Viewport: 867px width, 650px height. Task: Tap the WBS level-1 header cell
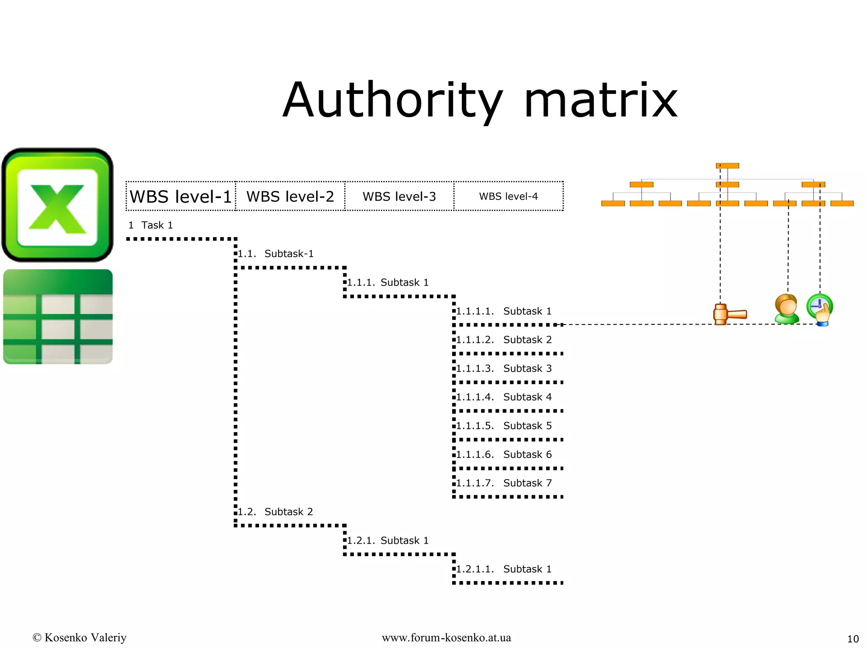[181, 196]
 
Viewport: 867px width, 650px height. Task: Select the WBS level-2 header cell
[290, 196]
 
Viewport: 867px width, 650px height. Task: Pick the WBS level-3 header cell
[399, 196]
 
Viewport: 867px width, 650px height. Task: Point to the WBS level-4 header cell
[508, 196]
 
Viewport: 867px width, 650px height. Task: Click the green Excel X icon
[58, 205]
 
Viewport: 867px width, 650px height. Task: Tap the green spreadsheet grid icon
[58, 317]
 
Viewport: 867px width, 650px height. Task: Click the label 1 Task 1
[151, 225]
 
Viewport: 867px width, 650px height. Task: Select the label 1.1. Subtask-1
[276, 254]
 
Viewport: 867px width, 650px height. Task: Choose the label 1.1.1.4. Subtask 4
[504, 397]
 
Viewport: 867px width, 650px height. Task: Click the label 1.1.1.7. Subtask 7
[504, 483]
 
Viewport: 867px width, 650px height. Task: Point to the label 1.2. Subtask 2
[275, 512]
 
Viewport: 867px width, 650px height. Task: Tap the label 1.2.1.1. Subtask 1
[504, 569]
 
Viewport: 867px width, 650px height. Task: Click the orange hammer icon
[729, 314]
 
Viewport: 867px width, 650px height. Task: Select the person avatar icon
[787, 309]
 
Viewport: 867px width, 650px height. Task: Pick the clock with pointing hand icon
[820, 309]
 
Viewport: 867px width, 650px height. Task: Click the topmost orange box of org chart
[727, 166]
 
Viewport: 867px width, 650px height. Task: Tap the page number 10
[853, 639]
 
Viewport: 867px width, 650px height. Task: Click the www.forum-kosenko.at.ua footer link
[446, 638]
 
